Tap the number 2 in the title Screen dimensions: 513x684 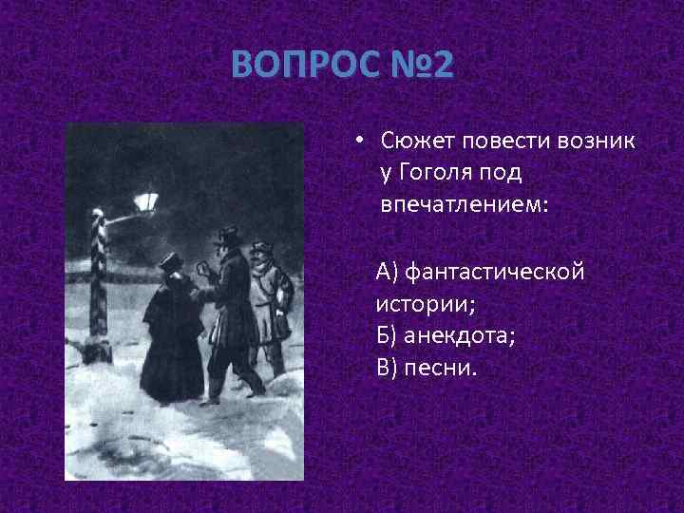coord(443,66)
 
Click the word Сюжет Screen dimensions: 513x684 coord(418,142)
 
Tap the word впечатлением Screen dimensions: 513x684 coord(464,205)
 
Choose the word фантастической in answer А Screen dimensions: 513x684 coord(494,274)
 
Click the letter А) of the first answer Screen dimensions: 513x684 coord(388,274)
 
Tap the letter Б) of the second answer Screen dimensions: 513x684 coord(388,336)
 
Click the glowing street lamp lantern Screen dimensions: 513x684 coord(146,201)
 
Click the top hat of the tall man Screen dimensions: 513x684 coord(228,234)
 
